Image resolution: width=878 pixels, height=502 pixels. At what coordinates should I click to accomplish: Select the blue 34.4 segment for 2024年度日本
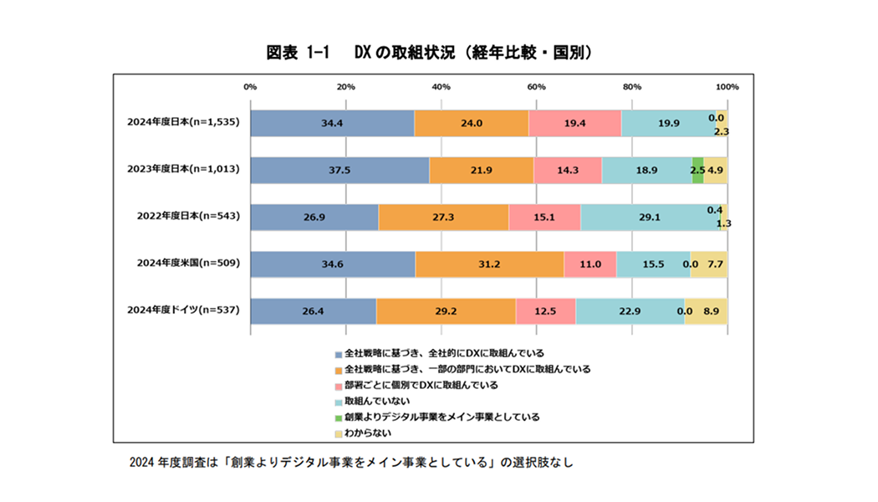[332, 122]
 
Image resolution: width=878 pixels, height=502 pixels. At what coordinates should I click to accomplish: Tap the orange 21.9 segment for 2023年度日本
[481, 169]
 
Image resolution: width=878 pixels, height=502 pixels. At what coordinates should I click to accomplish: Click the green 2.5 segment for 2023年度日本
[697, 169]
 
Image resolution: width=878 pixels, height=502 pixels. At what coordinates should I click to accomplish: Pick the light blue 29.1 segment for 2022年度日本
[650, 217]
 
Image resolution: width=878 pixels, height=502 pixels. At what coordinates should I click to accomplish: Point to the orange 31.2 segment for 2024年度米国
[489, 264]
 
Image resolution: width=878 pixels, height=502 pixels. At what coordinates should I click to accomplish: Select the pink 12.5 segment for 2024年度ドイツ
[545, 310]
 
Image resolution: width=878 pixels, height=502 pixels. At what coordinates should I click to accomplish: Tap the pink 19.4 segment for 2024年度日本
[574, 122]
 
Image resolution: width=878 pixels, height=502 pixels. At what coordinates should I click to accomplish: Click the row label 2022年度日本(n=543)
[188, 217]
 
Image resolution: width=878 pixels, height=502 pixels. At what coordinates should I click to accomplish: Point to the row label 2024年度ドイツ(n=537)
[183, 310]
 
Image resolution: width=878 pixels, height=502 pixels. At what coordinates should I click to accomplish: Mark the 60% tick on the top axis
[537, 87]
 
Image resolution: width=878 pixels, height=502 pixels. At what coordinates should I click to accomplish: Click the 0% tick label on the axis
[250, 87]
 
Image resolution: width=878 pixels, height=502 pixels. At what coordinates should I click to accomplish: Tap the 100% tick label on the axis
[727, 87]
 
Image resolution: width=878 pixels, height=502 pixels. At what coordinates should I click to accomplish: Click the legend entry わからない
[368, 433]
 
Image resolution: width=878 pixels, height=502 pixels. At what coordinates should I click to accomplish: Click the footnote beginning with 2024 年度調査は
[351, 463]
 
